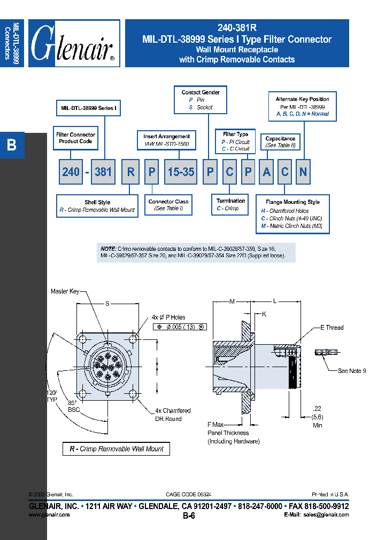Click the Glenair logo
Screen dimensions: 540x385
click(74, 44)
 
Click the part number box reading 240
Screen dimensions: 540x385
click(71, 172)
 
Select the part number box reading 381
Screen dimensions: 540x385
click(104, 172)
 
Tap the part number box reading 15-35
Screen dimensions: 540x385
click(181, 172)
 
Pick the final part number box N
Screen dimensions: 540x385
click(303, 172)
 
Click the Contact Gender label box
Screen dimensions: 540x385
click(201, 100)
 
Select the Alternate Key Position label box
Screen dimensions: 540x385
click(302, 106)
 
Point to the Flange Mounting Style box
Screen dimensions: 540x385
click(293, 214)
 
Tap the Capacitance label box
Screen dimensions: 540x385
click(280, 142)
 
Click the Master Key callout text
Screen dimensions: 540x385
click(65, 291)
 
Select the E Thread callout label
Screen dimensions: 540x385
click(332, 328)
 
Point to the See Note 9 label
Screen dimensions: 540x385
click(351, 371)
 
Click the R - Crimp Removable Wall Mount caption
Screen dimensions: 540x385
click(116, 449)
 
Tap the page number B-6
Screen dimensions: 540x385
click(189, 516)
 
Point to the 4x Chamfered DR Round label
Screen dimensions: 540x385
click(172, 415)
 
